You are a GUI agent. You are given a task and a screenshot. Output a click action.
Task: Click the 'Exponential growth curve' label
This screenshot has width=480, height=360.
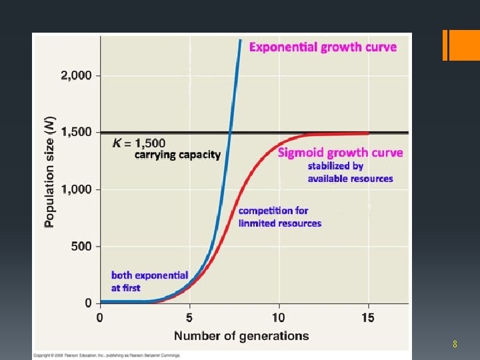pos(322,47)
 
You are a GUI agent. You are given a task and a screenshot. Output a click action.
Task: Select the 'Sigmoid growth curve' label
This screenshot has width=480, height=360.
pos(340,153)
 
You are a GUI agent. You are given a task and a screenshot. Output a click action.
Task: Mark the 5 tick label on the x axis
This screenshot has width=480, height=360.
pos(189,317)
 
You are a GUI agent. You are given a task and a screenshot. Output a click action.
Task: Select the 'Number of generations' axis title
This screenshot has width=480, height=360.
pos(241,335)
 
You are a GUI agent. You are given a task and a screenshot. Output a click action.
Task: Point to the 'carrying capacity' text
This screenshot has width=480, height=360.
pos(177,155)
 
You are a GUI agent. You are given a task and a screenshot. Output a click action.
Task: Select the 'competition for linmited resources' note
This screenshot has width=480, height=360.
pos(280,217)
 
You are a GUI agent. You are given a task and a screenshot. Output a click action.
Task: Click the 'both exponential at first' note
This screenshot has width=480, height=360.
pos(149,281)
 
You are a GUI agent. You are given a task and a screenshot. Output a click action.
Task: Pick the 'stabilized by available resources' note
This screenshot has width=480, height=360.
pos(350,172)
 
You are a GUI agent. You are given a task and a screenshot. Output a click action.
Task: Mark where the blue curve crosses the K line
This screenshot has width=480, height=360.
pos(230,132)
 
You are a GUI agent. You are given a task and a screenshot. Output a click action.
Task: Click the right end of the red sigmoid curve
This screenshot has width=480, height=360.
pos(369,133)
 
